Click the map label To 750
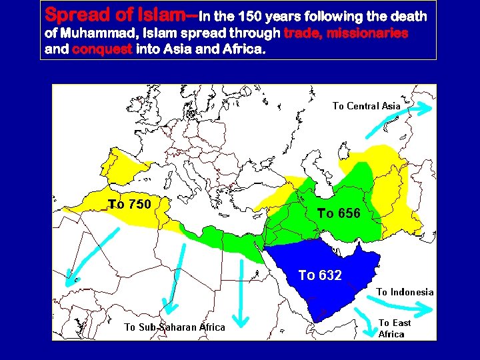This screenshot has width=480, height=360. tap(130, 204)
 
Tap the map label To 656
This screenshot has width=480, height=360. tap(339, 213)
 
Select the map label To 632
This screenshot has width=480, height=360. tap(320, 275)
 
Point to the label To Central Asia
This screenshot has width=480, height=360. tap(366, 105)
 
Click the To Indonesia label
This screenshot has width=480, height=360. tap(405, 292)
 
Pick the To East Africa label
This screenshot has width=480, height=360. tap(395, 328)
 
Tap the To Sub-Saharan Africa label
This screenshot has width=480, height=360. tap(175, 327)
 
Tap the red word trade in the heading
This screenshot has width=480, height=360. tap(303, 33)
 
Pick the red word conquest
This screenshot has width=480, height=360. tap(102, 49)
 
